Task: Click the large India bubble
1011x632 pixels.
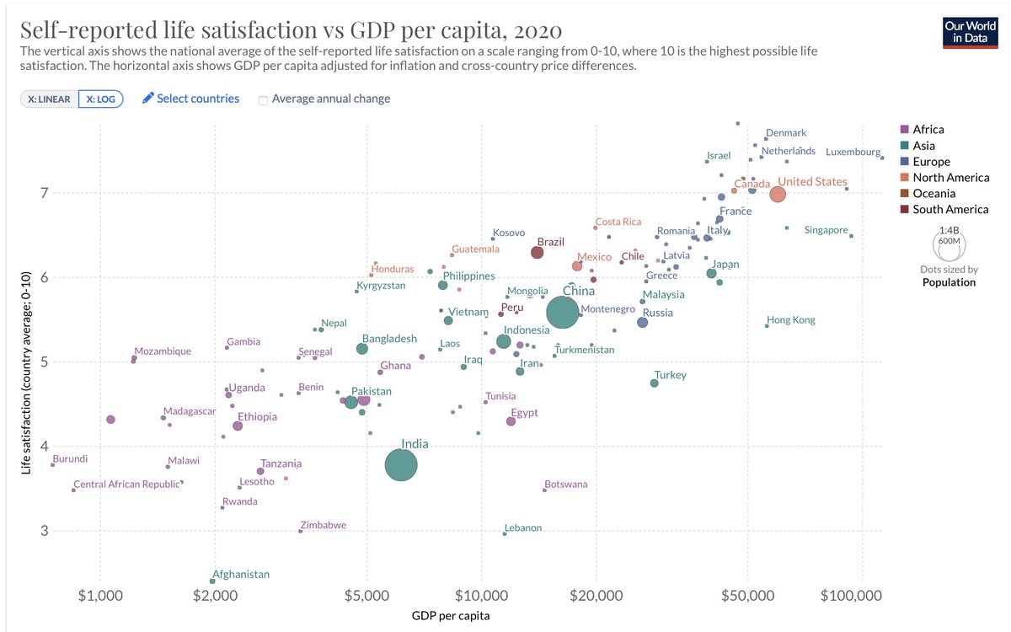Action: pyautogui.click(x=401, y=464)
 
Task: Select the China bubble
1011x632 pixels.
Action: pyautogui.click(x=562, y=312)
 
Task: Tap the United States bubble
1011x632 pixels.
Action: pyautogui.click(x=778, y=195)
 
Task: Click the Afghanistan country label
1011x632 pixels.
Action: pyautogui.click(x=240, y=575)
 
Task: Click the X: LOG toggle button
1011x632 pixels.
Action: pyautogui.click(x=101, y=99)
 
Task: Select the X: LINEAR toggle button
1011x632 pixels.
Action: pyautogui.click(x=49, y=99)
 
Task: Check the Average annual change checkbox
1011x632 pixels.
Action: pyautogui.click(x=264, y=99)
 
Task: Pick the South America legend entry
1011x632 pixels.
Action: pyautogui.click(x=944, y=210)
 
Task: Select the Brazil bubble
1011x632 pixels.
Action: pyautogui.click(x=538, y=252)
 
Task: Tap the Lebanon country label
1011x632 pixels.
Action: pyautogui.click(x=523, y=528)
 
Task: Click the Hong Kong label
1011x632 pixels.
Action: pyautogui.click(x=790, y=320)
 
